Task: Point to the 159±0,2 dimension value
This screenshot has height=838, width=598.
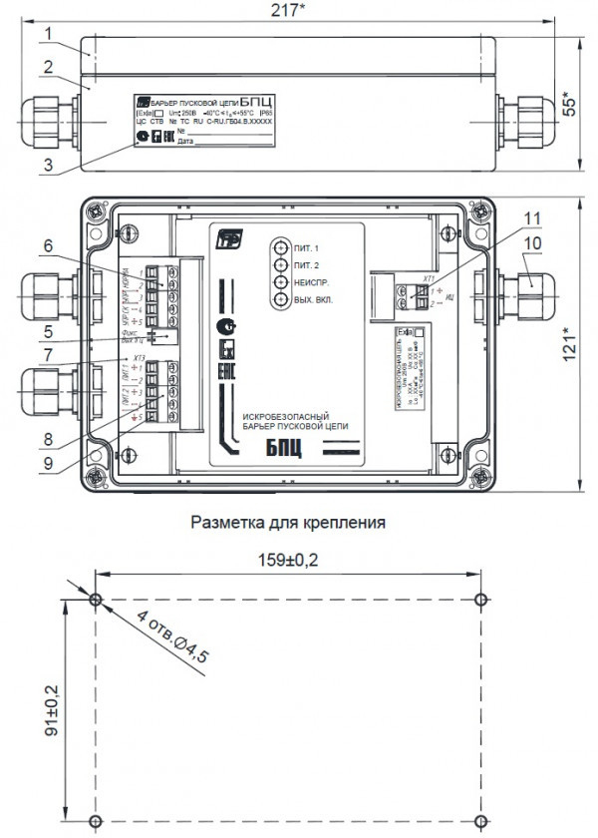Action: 287,560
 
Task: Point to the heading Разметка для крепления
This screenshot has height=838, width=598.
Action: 287,522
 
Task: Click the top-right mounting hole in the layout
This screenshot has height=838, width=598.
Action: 481,600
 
